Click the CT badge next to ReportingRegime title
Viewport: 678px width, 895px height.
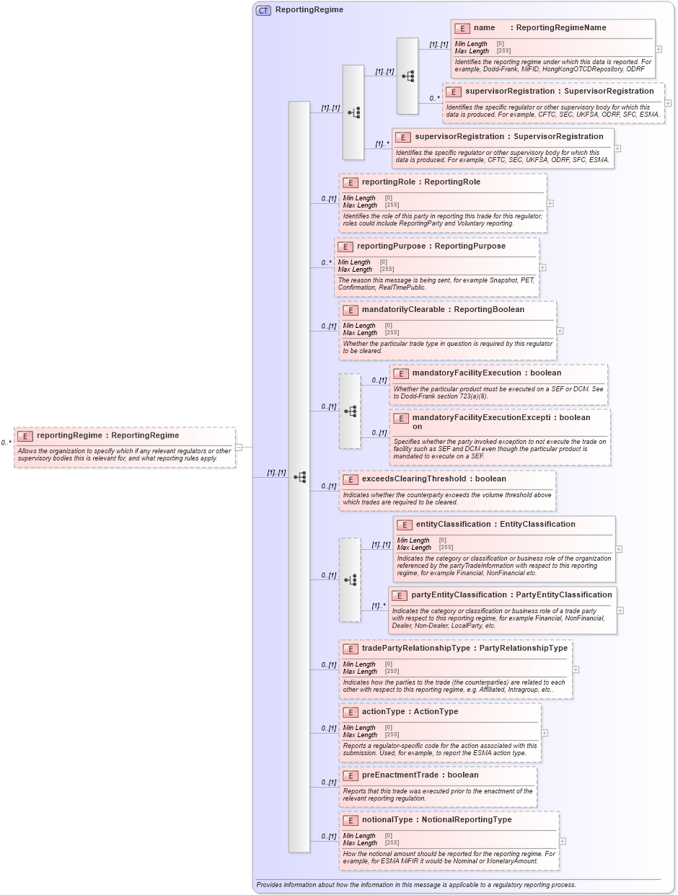pos(263,10)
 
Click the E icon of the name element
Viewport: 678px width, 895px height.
pos(462,28)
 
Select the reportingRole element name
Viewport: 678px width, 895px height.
pos(384,182)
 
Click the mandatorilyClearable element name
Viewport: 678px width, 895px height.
pos(402,310)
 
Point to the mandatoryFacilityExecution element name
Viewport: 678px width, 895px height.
pos(466,373)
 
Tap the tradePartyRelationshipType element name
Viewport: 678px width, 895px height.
pos(415,649)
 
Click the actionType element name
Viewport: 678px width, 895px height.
pos(383,712)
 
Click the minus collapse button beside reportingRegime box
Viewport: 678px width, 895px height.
pos(239,447)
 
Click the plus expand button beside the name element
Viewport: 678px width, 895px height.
pos(659,49)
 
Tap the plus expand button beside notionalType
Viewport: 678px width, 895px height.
pos(563,841)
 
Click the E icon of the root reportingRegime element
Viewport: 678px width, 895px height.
pos(25,436)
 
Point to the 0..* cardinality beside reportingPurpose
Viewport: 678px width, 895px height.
pos(326,263)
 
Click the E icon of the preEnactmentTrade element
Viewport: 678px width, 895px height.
pos(350,776)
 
